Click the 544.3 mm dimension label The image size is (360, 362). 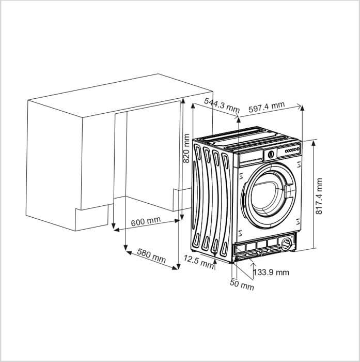(x=222, y=105)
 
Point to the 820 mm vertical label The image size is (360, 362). (x=186, y=148)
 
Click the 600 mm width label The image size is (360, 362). (x=146, y=221)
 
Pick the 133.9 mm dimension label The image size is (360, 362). (x=272, y=272)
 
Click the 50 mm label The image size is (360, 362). (x=242, y=285)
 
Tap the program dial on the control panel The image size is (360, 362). (x=270, y=153)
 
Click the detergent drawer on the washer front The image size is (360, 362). (x=251, y=155)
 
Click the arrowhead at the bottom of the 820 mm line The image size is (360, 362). (x=177, y=267)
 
